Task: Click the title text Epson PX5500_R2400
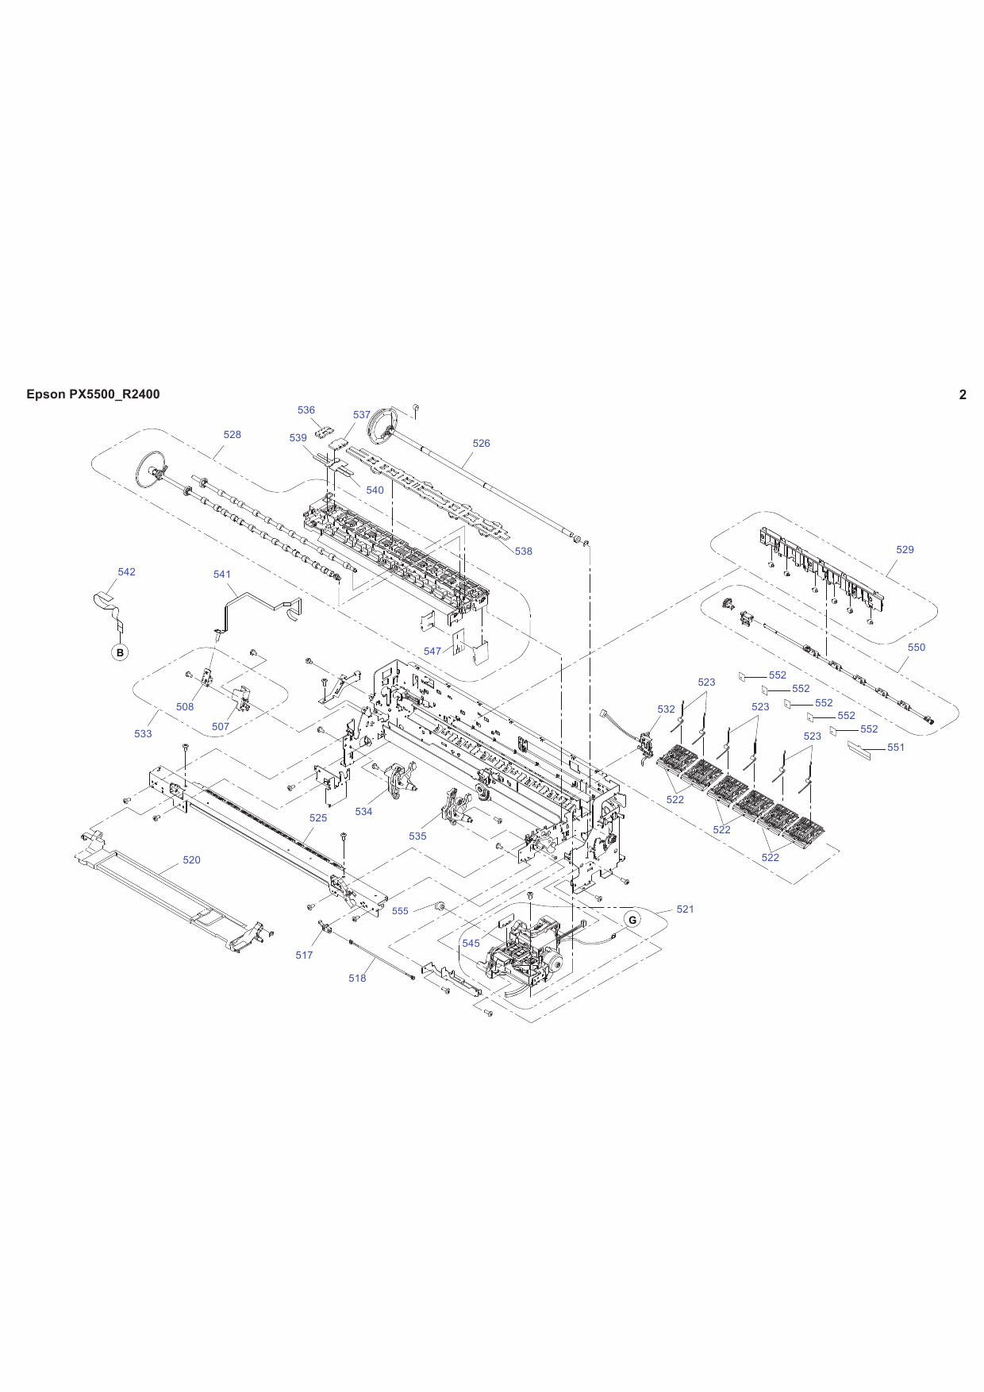pyautogui.click(x=93, y=394)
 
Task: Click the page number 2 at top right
pyautogui.click(x=963, y=394)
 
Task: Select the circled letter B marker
pyautogui.click(x=120, y=652)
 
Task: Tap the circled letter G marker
pyautogui.click(x=632, y=920)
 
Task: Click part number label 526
pyautogui.click(x=481, y=444)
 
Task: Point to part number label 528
pyautogui.click(x=232, y=435)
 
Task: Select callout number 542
pyautogui.click(x=126, y=572)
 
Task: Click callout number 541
pyautogui.click(x=222, y=575)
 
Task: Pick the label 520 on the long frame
pyautogui.click(x=191, y=860)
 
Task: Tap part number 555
pyautogui.click(x=400, y=911)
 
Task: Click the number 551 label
pyautogui.click(x=895, y=748)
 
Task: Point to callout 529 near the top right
pyautogui.click(x=905, y=550)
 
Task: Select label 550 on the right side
pyautogui.click(x=916, y=648)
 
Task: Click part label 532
pyautogui.click(x=666, y=709)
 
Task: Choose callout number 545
pyautogui.click(x=471, y=944)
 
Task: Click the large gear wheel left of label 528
pyautogui.click(x=150, y=468)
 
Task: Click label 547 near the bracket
pyautogui.click(x=432, y=652)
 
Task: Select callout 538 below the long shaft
pyautogui.click(x=523, y=552)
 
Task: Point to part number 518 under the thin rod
pyautogui.click(x=357, y=979)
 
